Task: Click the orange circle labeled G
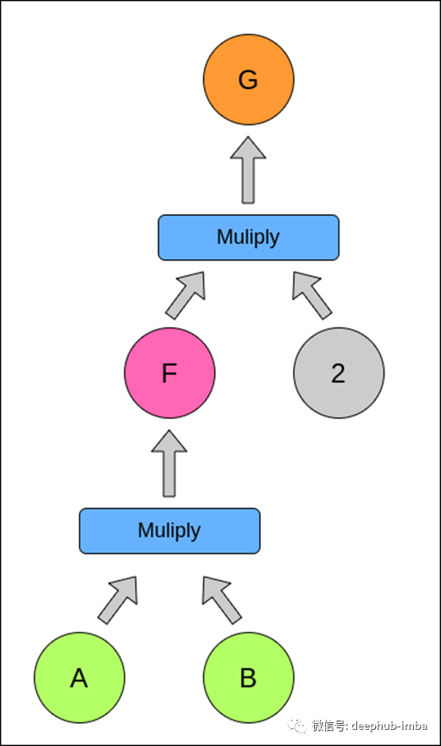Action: (x=249, y=80)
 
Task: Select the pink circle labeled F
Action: (x=170, y=373)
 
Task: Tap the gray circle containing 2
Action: (x=339, y=373)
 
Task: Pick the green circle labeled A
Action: (x=80, y=677)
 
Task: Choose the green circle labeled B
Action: (x=249, y=677)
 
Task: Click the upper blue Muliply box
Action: (x=249, y=237)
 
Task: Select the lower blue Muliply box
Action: (x=170, y=531)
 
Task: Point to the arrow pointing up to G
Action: (x=248, y=170)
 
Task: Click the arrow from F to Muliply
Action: (x=186, y=295)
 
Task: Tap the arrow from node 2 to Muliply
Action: (x=311, y=295)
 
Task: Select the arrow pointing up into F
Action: (x=169, y=464)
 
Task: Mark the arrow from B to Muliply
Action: (x=221, y=600)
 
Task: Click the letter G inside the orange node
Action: (x=248, y=80)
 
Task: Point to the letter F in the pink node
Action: (x=169, y=373)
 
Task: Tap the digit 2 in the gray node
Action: (x=339, y=373)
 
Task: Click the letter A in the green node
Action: (x=79, y=678)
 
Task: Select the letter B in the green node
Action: (x=248, y=678)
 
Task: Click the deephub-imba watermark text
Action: (x=389, y=726)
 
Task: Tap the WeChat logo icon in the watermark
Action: (x=297, y=726)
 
